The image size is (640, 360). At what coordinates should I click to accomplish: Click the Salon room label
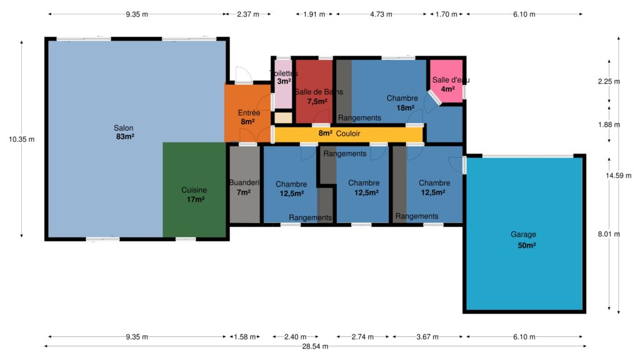click(x=124, y=128)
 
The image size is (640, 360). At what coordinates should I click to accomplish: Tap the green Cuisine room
click(x=194, y=190)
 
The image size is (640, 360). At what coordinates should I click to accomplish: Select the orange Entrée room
click(x=248, y=113)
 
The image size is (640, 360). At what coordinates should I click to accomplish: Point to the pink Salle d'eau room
click(x=446, y=80)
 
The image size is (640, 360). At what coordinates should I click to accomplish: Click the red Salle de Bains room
click(x=314, y=91)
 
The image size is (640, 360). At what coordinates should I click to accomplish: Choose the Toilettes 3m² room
click(x=283, y=84)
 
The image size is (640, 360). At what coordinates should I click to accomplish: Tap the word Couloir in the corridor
click(x=348, y=134)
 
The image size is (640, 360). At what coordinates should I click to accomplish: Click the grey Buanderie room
click(x=244, y=184)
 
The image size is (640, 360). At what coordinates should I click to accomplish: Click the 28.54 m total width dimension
click(x=315, y=346)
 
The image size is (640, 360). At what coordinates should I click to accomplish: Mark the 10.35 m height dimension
click(x=22, y=139)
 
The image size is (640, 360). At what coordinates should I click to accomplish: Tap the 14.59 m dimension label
click(x=618, y=176)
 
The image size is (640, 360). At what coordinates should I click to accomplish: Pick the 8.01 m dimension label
click(x=609, y=234)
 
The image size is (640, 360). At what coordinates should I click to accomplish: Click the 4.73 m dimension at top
click(x=381, y=14)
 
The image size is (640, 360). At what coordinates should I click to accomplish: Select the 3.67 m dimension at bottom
click(x=427, y=337)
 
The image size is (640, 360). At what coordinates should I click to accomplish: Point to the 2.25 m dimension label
click(x=609, y=82)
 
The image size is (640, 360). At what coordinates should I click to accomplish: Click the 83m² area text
click(x=125, y=137)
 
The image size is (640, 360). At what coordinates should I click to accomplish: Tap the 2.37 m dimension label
click(x=248, y=14)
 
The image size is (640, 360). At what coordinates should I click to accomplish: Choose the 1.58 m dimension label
click(x=245, y=337)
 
